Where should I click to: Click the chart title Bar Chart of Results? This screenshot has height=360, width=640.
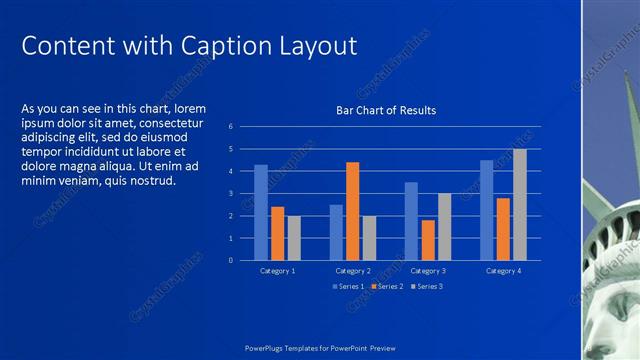385,110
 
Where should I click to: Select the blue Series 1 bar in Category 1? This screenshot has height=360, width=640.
261,212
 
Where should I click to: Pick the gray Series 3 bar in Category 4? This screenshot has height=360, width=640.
519,205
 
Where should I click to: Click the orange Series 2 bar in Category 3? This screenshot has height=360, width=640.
428,240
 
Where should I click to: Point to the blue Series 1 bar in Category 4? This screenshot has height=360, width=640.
487,210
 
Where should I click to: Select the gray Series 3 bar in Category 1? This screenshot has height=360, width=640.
293,238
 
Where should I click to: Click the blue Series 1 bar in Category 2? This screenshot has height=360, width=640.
336,232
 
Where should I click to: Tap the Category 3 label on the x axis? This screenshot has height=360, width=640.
428,271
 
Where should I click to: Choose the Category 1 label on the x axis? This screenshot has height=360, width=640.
277,271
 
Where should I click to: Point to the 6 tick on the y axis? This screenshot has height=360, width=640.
230,127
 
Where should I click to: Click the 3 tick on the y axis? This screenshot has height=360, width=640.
230,194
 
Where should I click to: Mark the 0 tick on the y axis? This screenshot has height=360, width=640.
230,260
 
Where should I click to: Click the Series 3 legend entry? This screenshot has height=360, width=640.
426,287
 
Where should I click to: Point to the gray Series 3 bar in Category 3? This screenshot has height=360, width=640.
444,227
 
